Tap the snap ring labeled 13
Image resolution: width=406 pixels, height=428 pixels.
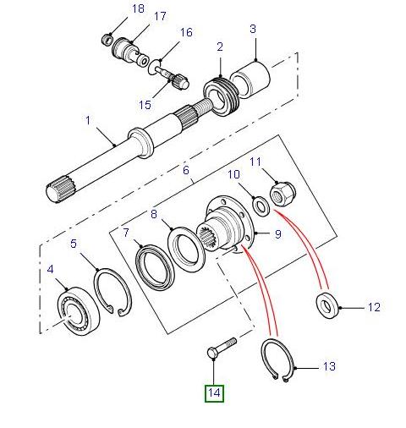280,362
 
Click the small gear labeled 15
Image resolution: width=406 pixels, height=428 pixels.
178,82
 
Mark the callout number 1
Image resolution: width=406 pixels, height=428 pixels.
87,120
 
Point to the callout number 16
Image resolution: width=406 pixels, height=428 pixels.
185,33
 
